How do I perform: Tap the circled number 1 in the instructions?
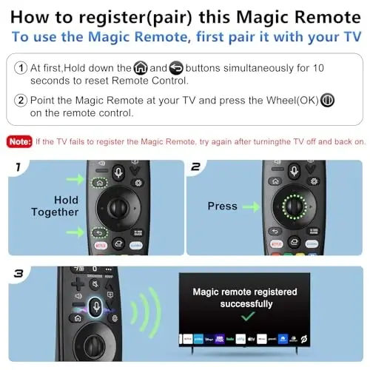21,67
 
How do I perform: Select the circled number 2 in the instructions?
21,101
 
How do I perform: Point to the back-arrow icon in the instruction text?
176,67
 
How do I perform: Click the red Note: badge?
18,141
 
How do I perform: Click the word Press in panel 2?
222,206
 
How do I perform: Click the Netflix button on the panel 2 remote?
274,243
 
